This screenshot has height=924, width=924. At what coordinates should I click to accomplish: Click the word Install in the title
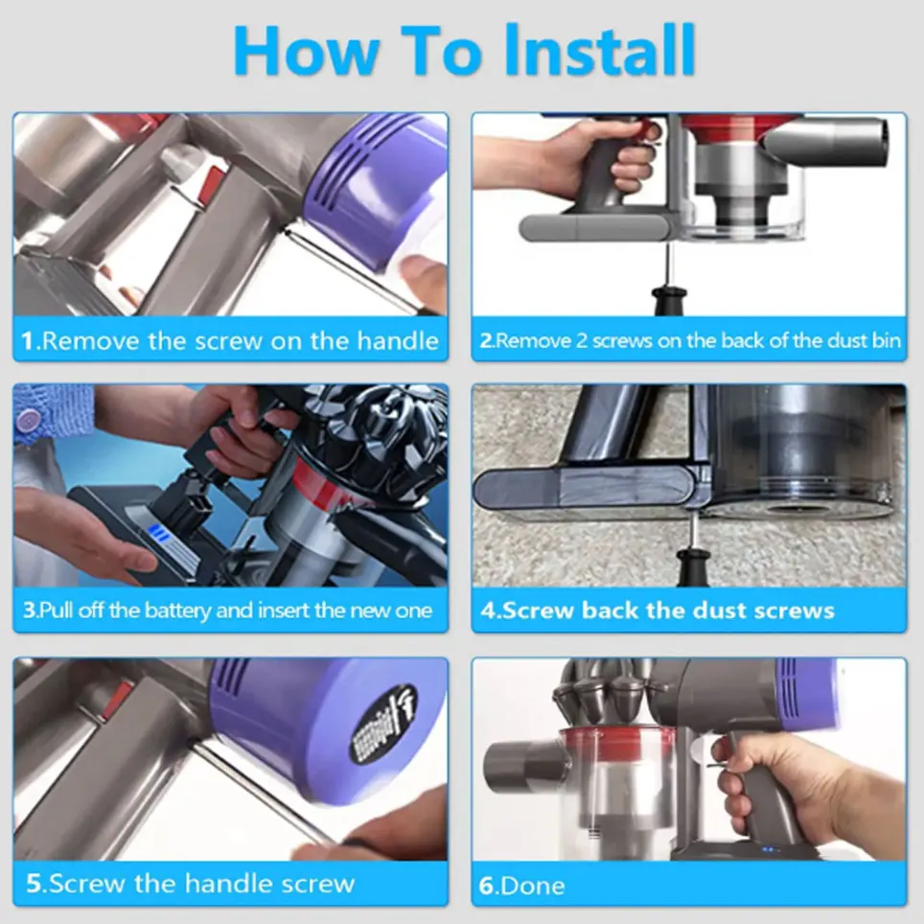coord(600,51)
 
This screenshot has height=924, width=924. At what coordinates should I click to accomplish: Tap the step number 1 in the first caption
coord(28,340)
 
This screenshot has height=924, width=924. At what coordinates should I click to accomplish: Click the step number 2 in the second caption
coord(486,340)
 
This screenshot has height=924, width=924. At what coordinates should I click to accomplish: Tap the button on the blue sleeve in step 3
coord(27,420)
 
